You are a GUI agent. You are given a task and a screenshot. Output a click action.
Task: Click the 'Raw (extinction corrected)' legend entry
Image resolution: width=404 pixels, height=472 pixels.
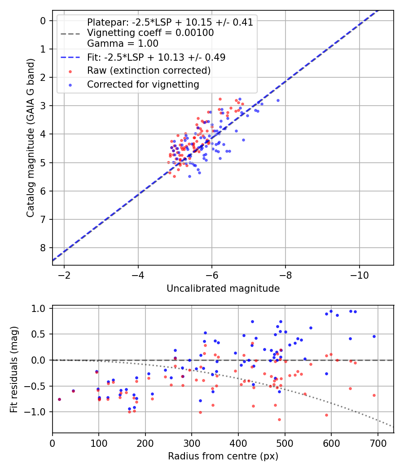(149, 71)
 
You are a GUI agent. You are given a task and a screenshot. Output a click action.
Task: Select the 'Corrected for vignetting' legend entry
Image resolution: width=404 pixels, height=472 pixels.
(143, 84)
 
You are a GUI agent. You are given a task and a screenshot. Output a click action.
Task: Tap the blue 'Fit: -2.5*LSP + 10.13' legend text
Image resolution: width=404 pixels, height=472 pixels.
(156, 57)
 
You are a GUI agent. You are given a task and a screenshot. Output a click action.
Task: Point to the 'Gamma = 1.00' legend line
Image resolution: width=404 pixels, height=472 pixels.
(123, 44)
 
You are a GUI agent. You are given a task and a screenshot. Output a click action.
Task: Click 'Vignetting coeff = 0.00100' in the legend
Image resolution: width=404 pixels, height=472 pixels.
(150, 33)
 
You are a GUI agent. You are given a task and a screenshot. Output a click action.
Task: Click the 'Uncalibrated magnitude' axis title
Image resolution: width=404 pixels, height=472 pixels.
(223, 289)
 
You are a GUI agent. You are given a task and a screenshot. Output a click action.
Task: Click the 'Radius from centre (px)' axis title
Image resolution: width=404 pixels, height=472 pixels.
(223, 456)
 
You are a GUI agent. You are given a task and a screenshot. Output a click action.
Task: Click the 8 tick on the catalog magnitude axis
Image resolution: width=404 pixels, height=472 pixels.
(43, 248)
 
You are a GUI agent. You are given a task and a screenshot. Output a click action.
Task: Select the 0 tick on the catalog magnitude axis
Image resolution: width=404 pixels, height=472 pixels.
(43, 21)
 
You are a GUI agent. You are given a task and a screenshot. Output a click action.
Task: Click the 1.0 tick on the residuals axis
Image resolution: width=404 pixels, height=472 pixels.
(39, 308)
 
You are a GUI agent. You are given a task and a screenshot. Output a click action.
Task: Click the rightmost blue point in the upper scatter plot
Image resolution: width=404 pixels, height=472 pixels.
(278, 100)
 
